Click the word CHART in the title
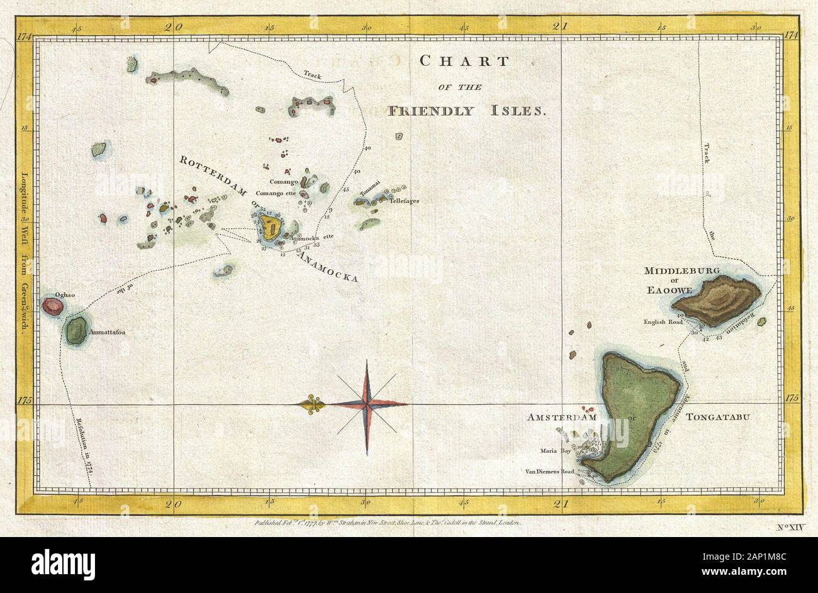point(464,61)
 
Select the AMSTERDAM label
point(561,417)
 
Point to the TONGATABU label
point(721,417)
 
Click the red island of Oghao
point(53,307)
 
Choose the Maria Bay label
point(554,450)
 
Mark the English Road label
point(663,322)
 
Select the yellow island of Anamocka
point(273,227)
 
